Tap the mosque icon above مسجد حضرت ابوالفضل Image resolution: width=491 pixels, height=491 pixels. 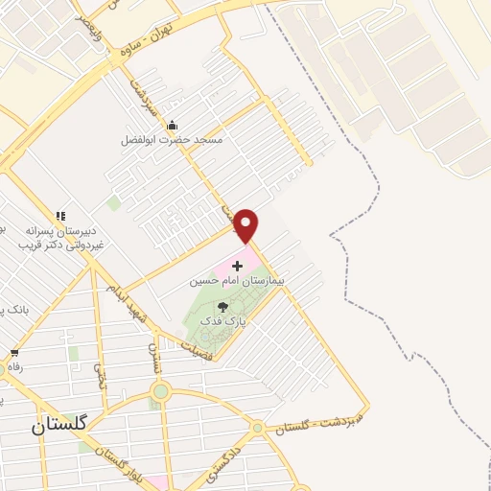coord(172,125)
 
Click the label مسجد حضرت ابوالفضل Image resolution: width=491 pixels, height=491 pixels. coord(172,140)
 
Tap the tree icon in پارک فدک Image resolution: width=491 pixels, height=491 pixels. coord(223,307)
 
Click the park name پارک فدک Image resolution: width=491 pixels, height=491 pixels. coord(223,323)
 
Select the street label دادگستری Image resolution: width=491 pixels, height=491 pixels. coord(227,456)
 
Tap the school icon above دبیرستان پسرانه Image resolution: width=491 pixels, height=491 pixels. coord(60,217)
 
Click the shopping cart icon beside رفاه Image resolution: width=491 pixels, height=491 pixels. coord(12,353)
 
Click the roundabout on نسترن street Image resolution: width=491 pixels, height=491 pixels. coord(160,390)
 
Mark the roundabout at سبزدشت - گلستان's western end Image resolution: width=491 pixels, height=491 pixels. coord(257,427)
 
